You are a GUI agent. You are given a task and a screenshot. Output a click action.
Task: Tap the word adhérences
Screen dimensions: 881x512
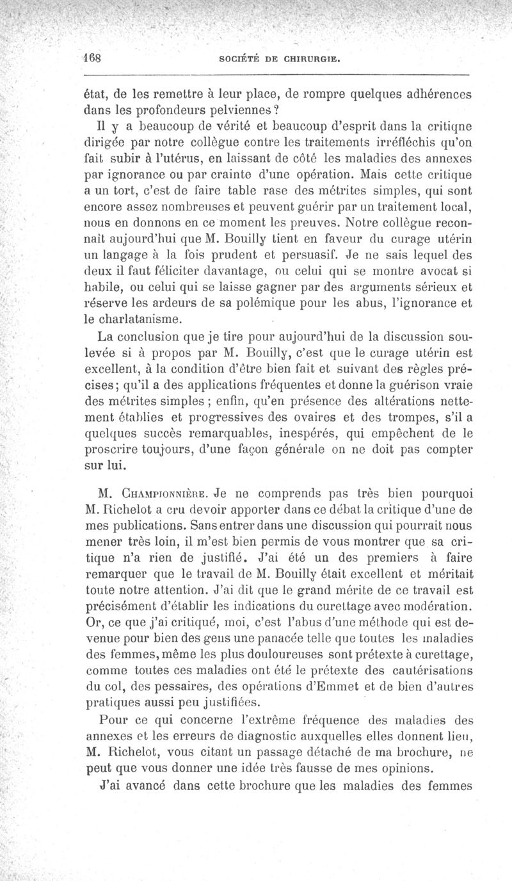click(435, 93)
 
